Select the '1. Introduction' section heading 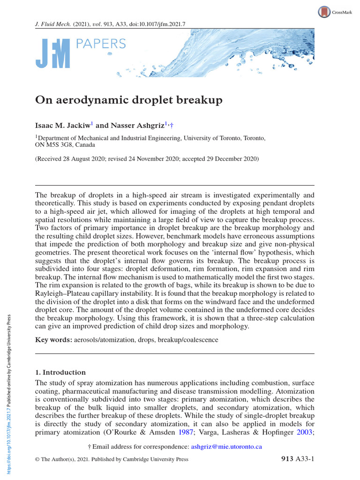point(60,372)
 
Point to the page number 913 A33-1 point(293,459)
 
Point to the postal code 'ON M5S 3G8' point(52,145)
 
